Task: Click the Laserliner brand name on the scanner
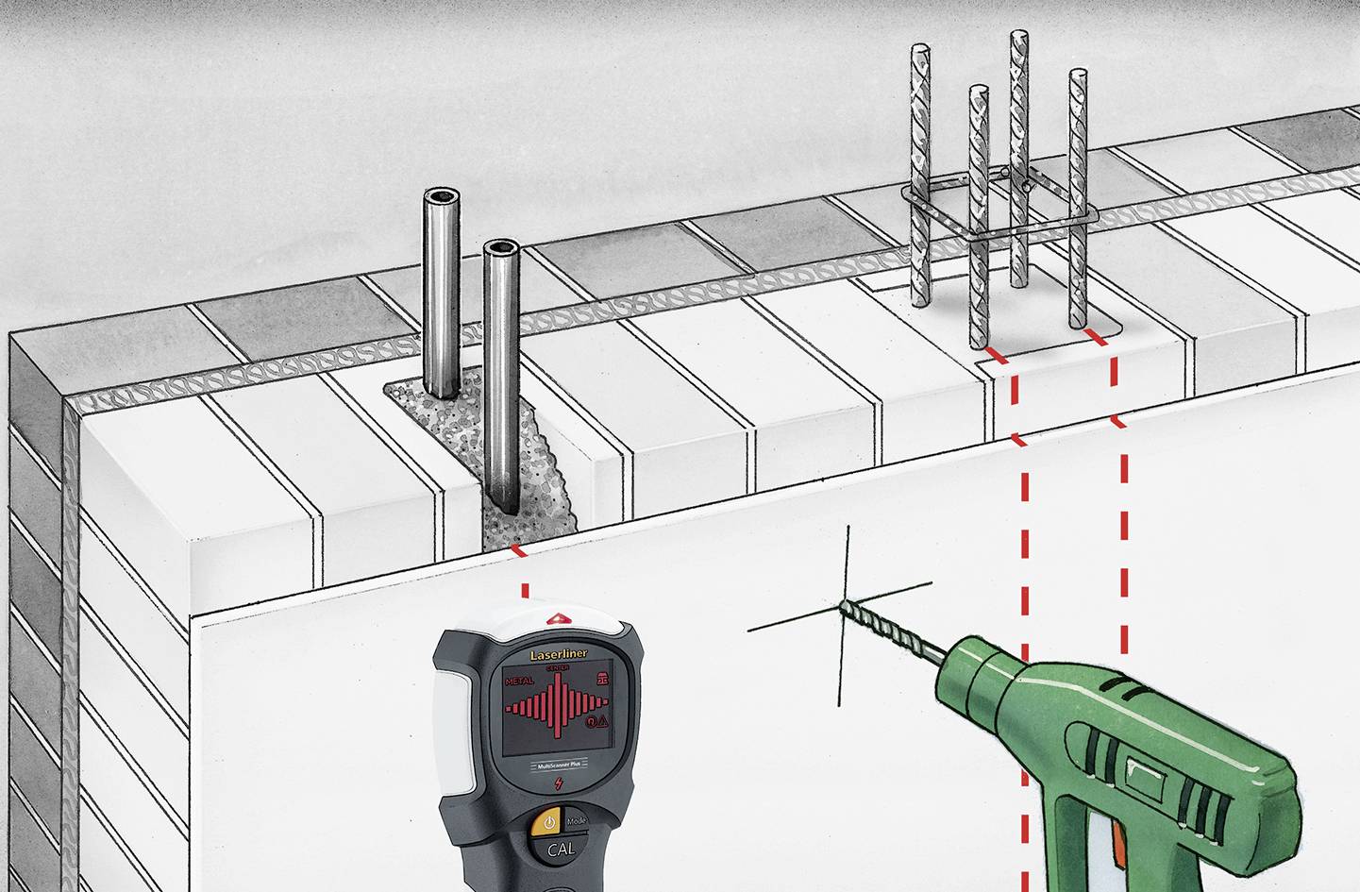(x=558, y=654)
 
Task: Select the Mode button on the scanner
(x=575, y=819)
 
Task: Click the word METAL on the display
(x=519, y=681)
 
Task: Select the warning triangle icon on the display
(x=603, y=722)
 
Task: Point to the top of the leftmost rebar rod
(x=920, y=50)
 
